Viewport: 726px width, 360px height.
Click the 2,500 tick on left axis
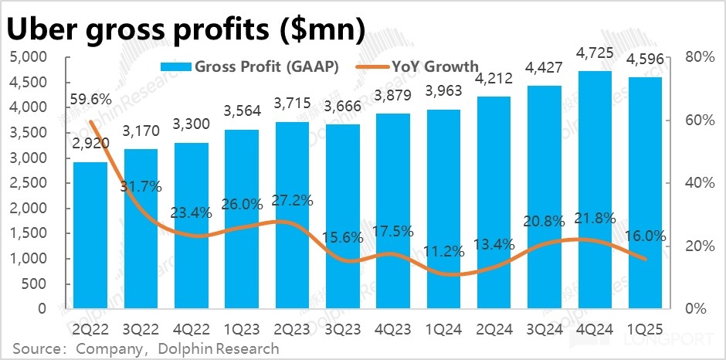(x=30, y=183)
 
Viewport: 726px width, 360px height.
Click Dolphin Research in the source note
(x=219, y=348)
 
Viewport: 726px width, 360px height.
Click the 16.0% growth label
(x=646, y=237)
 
